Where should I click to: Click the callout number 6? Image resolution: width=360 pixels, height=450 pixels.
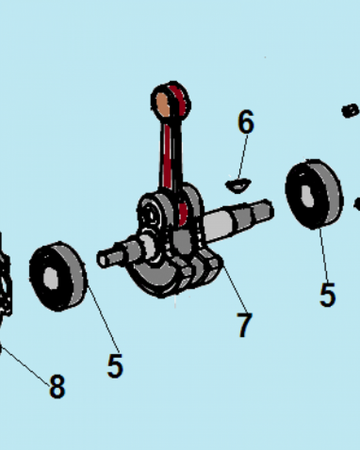246,121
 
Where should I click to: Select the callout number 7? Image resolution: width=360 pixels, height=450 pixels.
244,325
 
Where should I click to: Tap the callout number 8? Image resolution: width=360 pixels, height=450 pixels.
57,386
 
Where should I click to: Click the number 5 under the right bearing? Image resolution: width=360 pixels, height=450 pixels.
328,295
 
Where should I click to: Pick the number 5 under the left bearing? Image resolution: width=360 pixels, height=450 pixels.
115,365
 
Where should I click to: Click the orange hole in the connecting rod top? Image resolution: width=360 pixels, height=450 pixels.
163,105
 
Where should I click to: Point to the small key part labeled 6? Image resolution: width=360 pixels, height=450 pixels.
238,185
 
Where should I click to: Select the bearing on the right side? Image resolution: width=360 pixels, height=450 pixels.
315,194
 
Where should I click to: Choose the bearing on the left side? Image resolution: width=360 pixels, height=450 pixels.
58,276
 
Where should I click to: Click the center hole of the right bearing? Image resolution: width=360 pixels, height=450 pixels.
308,196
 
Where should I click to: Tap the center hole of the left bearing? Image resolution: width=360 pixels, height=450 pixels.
51,279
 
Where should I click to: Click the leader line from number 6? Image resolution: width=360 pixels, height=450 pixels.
243,157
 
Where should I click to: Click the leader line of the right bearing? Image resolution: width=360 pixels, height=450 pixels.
324,254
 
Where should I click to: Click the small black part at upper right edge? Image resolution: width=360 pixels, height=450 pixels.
350,111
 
